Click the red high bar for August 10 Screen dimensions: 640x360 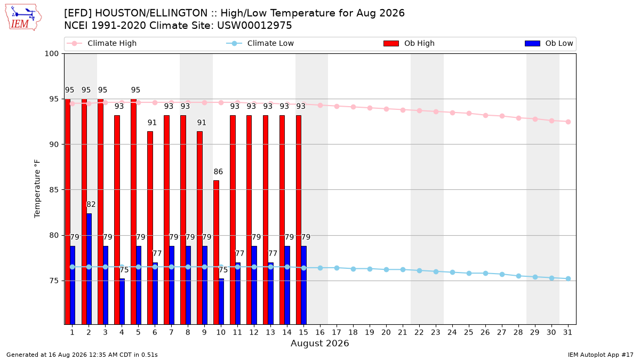217,252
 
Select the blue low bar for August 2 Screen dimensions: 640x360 89,269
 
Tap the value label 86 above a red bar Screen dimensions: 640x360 218,171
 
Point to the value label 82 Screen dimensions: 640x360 91,204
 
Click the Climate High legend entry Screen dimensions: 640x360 101,43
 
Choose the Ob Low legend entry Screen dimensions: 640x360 549,43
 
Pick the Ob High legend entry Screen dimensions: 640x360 409,43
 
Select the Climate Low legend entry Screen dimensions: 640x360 260,43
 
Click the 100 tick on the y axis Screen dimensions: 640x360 51,54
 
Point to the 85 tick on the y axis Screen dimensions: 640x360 54,190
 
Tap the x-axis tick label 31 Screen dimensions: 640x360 567,332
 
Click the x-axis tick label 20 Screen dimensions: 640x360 386,332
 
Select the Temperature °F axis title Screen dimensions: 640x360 37,189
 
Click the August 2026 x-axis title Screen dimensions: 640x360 319,343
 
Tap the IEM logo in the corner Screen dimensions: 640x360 23,18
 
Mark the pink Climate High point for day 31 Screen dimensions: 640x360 568,122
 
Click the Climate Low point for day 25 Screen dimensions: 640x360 469,273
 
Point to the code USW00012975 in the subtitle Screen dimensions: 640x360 254,26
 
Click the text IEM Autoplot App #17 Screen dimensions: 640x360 601,355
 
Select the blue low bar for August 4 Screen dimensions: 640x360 122,301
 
